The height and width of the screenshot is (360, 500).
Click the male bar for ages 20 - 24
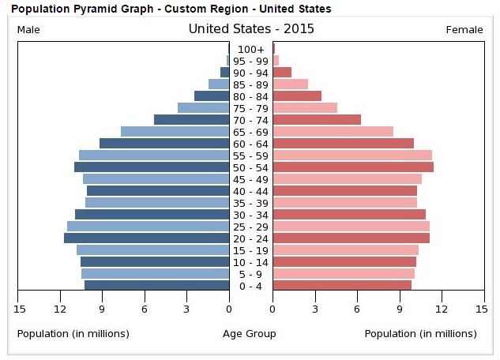pos(147,238)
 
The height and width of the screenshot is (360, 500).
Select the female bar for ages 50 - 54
pos(353,167)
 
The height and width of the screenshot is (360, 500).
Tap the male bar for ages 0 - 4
pos(157,285)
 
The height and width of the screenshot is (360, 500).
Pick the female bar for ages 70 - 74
pos(317,119)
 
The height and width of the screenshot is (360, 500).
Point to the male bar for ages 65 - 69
pos(175,131)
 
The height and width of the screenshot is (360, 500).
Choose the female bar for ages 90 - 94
pos(282,72)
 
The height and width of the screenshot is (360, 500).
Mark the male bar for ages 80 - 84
pos(212,96)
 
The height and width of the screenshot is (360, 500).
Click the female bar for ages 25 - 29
pos(351,226)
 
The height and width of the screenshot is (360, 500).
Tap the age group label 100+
pos(251,49)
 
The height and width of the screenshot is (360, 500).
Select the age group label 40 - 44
pos(251,191)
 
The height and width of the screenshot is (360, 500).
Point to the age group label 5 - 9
pos(251,274)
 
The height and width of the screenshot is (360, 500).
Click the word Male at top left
pos(28,30)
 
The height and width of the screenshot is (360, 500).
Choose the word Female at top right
pos(464,30)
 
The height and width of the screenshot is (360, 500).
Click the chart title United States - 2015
pos(251,29)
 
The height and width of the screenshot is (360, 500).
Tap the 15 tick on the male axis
pos(17,308)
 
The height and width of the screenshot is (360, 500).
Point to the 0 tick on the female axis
pos(273,308)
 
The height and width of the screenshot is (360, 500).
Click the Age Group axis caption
pos(250,334)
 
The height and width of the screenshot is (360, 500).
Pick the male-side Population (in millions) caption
pos(73,334)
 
